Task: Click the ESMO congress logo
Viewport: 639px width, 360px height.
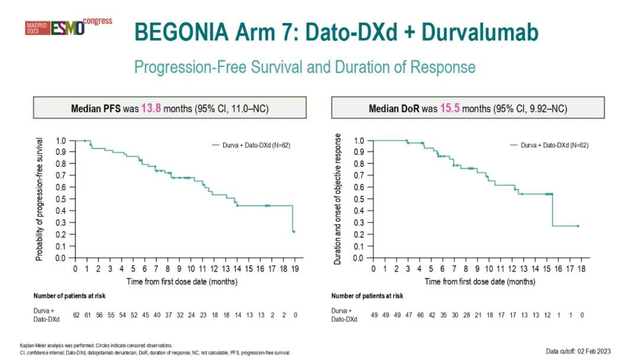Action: tap(68, 27)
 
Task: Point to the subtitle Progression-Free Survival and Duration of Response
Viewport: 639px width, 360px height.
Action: tap(305, 66)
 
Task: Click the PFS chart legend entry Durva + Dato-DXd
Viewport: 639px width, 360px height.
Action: tap(251, 145)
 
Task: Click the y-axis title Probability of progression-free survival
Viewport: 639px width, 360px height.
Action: tap(39, 199)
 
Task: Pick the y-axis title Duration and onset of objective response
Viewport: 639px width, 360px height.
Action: tap(338, 199)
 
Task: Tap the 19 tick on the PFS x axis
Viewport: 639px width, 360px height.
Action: tap(294, 268)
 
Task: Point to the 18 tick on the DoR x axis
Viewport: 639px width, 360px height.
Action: tap(582, 268)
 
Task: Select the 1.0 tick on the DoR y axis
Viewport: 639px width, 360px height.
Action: tap(359, 141)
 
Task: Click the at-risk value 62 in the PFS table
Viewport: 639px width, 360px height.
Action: tap(76, 315)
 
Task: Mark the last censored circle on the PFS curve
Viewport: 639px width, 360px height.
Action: tap(293, 232)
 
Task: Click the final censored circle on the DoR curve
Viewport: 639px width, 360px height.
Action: tap(577, 226)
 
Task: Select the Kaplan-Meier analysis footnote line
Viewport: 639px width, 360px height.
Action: tap(96, 345)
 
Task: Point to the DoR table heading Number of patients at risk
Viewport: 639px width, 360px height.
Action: tap(367, 295)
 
